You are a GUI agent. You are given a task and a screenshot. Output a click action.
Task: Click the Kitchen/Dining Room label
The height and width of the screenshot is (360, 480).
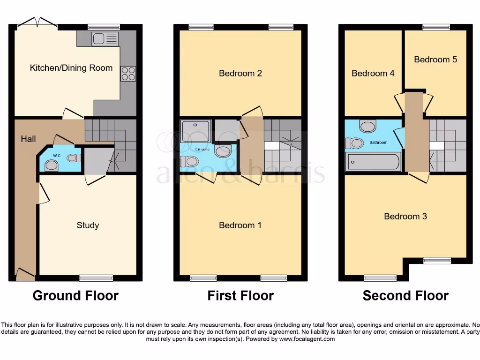pos(71,68)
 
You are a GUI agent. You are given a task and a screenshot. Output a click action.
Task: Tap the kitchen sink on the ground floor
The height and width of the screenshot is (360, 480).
pos(105,39)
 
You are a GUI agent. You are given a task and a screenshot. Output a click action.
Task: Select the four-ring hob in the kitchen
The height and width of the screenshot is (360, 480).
pos(128,74)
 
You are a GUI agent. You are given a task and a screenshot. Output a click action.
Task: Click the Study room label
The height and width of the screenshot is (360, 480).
pos(88,225)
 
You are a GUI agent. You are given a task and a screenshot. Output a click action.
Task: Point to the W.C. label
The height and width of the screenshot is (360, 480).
pos(57,156)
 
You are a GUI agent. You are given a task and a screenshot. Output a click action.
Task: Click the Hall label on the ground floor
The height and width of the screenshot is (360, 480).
pos(28,139)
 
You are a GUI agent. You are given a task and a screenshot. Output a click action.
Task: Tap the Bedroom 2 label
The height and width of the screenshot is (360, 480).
pos(240,73)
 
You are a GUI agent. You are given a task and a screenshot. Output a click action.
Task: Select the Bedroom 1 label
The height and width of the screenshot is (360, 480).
pos(240,225)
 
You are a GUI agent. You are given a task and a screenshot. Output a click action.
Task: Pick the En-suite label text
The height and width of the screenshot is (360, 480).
pos(202,149)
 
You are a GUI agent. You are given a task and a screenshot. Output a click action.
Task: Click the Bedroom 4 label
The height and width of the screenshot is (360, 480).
pos(373,74)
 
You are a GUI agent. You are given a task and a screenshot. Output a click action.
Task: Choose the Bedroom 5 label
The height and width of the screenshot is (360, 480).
pos(435,60)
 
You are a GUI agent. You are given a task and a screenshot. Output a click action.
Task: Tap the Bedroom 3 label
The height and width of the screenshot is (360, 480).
pos(405,217)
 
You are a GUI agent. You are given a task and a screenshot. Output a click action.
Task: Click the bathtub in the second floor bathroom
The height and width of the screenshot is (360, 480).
pos(373,162)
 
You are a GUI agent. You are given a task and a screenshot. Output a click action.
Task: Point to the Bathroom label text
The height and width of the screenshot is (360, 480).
pos(378,142)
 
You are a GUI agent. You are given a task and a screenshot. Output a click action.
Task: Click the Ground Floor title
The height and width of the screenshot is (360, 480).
pos(75,296)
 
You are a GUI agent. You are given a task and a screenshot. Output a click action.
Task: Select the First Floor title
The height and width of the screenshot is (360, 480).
pos(240,296)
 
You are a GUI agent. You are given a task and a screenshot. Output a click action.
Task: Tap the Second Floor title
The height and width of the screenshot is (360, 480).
pos(405,296)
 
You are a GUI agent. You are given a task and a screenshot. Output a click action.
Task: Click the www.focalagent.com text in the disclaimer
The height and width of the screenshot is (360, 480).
pos(307,339)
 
